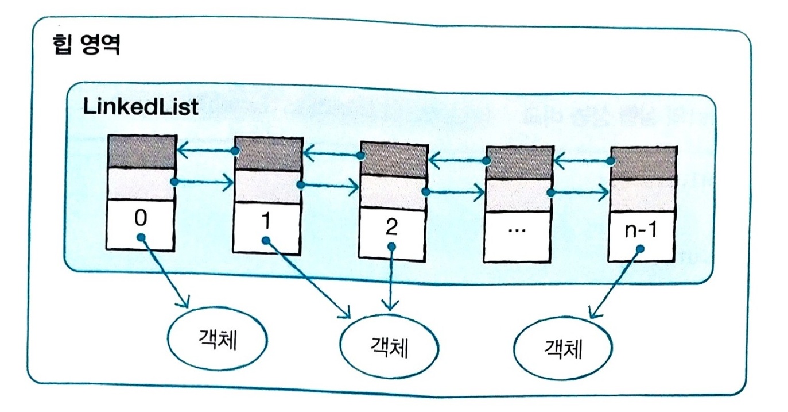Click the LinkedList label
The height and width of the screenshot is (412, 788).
click(x=140, y=107)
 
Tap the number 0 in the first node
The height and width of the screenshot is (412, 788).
click(x=140, y=218)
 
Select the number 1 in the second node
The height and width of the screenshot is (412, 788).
click(x=265, y=221)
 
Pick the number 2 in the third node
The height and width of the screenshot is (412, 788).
click(x=391, y=227)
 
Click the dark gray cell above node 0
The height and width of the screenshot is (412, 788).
click(x=141, y=152)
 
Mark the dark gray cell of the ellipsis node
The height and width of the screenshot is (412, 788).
click(x=518, y=163)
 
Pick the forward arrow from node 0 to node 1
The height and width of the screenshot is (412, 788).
click(x=203, y=183)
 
